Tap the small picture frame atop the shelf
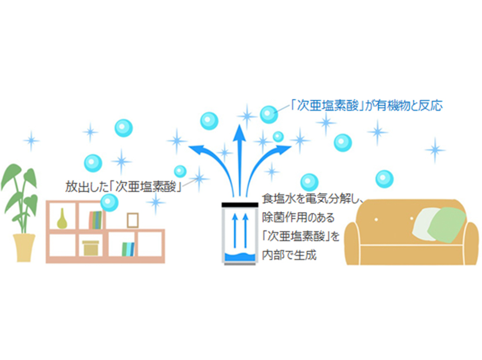pos(132,220)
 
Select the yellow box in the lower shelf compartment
pos(91,247)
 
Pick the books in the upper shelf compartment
pos(95,220)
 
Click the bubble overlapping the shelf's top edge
pos(109,202)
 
